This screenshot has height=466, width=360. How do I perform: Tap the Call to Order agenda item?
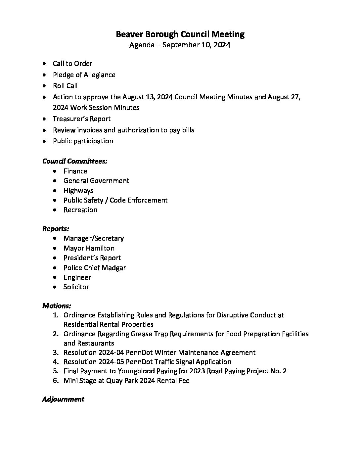point(72,64)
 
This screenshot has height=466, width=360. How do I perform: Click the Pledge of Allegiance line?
point(84,75)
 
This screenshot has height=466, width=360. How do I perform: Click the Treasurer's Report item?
point(82,119)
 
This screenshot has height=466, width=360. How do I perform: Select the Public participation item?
point(83,141)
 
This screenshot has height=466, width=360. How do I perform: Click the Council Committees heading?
point(75,161)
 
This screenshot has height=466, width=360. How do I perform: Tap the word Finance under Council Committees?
point(75,171)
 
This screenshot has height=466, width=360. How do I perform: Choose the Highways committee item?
point(78,191)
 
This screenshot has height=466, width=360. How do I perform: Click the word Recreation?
point(80,210)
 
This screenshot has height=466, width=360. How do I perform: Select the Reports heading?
point(56,229)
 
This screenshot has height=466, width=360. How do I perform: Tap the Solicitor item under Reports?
point(76,287)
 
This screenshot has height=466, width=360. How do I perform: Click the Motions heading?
point(57,306)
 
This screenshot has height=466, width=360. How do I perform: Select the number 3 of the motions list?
point(55,353)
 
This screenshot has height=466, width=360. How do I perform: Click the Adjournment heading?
point(63,399)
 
